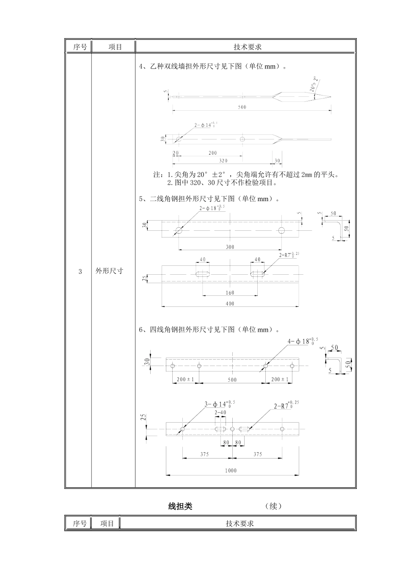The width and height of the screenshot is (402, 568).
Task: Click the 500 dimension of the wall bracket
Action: click(242, 107)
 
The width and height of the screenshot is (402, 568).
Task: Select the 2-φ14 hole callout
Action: click(206, 125)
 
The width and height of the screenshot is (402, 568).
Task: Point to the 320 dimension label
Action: click(223, 161)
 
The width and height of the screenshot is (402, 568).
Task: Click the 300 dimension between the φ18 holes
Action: click(230, 247)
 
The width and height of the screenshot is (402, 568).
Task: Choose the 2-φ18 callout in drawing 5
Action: click(212, 208)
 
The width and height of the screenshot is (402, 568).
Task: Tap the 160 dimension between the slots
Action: click(230, 292)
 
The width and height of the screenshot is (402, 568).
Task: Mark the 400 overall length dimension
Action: click(230, 303)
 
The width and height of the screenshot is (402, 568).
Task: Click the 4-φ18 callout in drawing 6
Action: click(303, 341)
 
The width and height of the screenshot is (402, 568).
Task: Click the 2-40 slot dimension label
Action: click(220, 412)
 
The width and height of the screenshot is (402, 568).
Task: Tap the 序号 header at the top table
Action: click(80, 47)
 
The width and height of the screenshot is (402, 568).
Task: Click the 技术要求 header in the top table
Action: click(248, 47)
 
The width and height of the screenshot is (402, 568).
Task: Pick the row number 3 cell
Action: click(80, 271)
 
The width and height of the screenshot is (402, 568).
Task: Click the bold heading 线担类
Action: click(180, 506)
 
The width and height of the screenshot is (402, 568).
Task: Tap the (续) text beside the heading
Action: click(273, 506)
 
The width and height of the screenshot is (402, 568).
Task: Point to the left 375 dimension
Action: click(204, 454)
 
